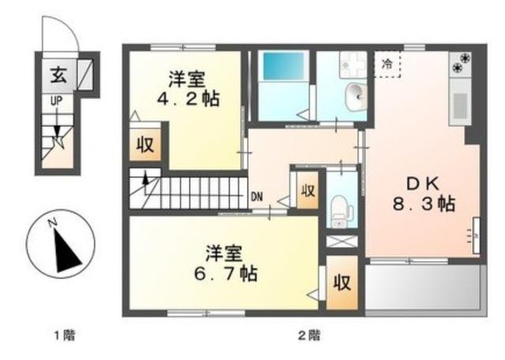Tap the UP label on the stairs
tap(57, 102)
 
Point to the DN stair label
tap(257, 196)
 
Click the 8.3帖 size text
tap(425, 202)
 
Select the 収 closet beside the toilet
tap(308, 191)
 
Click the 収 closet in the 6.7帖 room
tap(342, 283)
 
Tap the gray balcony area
tap(422, 286)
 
